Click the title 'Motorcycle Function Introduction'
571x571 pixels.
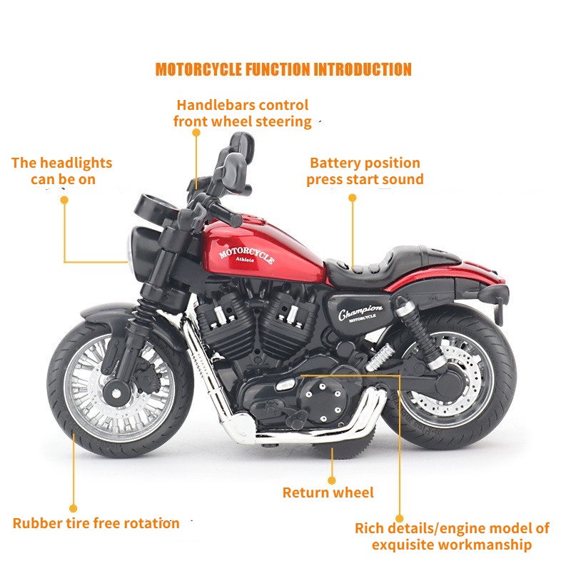point(283,69)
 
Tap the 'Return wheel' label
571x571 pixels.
point(328,492)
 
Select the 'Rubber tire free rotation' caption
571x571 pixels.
point(96,523)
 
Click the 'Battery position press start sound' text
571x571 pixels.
point(365,171)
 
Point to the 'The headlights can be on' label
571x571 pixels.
point(62,171)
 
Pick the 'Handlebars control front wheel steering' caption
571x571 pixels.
point(243,113)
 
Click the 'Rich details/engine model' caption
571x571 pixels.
point(452,537)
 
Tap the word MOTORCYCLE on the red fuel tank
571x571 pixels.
point(246,253)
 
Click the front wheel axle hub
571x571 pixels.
point(116,393)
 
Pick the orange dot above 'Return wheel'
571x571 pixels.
point(331,480)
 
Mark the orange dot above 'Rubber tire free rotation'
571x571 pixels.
point(74,508)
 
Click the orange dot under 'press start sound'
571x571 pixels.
point(352,198)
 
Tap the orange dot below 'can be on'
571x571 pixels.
point(64,200)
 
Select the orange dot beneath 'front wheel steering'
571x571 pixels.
point(196,133)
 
